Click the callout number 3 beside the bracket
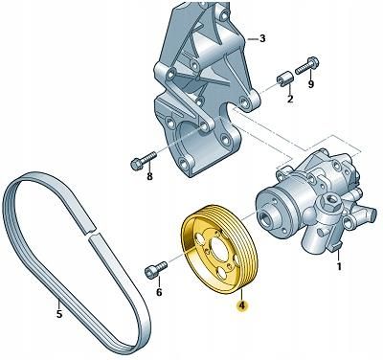262,39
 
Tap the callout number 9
310,83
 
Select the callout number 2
290,99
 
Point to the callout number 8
149,176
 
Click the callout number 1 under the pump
339,265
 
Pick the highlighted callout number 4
241,305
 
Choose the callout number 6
159,292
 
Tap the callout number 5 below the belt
59,314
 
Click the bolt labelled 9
307,65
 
